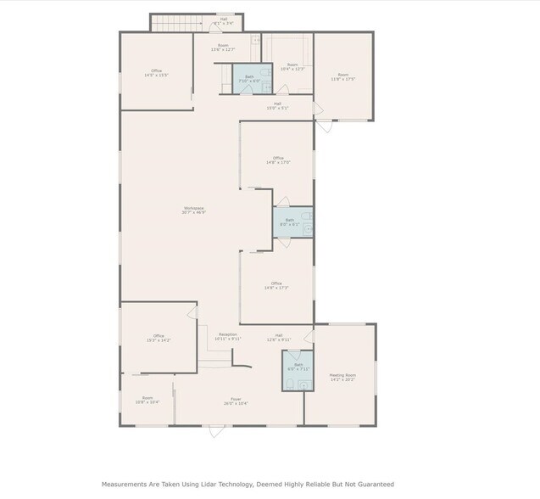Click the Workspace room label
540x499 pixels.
click(192, 210)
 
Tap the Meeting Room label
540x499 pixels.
click(342, 377)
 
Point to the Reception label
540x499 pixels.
click(227, 336)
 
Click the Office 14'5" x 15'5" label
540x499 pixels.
click(156, 73)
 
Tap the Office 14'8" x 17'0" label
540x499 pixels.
click(277, 160)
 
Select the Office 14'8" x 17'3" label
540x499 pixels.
click(276, 285)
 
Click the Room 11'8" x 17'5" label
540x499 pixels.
click(342, 77)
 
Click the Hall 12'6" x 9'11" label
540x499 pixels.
click(278, 337)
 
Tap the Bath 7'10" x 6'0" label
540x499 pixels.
click(250, 79)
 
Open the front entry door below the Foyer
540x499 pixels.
click(217, 431)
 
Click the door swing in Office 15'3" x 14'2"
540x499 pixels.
click(192, 313)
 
